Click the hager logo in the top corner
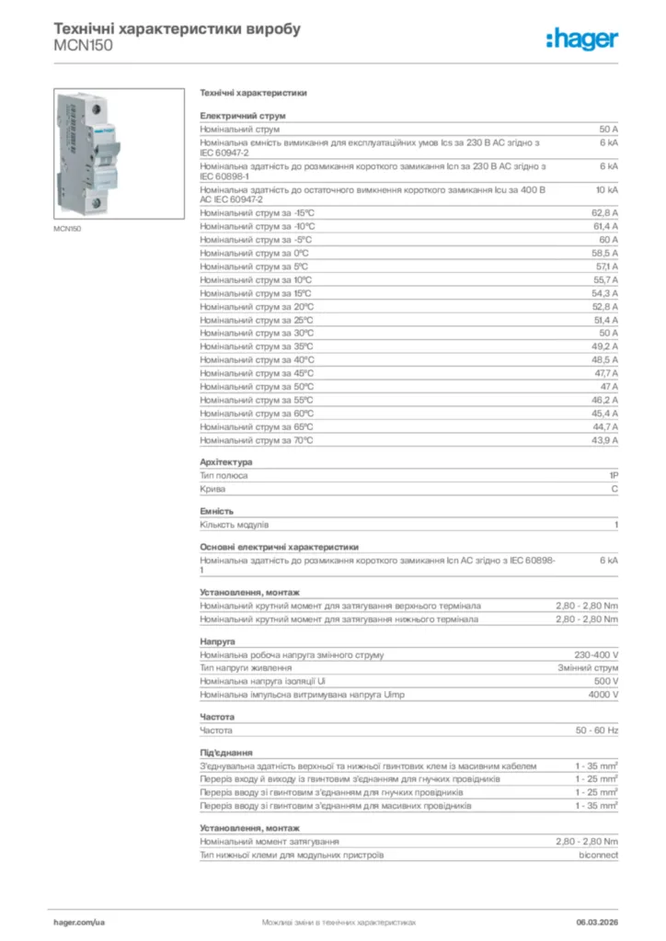pos(581,39)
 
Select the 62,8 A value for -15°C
pos(604,212)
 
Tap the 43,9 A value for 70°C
pos(604,440)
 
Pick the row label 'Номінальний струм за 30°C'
pos(257,333)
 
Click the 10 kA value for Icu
pos(606,189)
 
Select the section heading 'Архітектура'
pos(226,461)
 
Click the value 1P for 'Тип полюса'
pos(613,475)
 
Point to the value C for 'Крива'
pos(614,489)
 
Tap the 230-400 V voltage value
pos(596,654)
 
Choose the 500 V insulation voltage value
pos(605,681)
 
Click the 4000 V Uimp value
pos(603,695)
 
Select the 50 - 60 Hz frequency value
pos(597,730)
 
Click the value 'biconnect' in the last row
pos(598,855)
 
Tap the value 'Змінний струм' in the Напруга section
pos(588,668)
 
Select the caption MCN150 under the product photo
pos(67,228)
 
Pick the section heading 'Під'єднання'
pos(226,752)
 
